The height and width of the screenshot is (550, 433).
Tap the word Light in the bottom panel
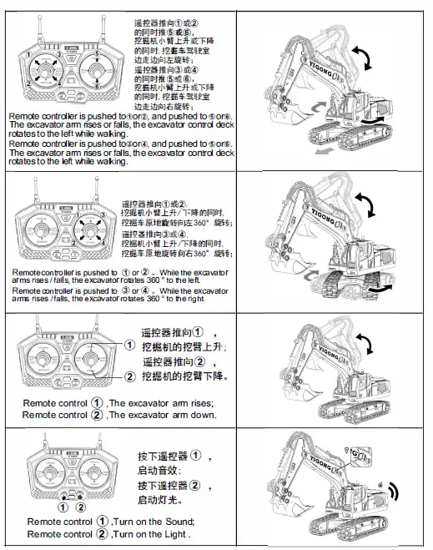pos(172,533)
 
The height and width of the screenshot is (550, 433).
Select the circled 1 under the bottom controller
pos(63,507)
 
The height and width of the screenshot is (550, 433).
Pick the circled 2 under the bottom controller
pos(81,507)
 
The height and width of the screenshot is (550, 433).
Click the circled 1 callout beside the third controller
pos(129,345)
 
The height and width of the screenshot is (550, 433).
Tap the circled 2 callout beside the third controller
pos(129,376)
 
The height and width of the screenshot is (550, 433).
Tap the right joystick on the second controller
pos(91,229)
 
